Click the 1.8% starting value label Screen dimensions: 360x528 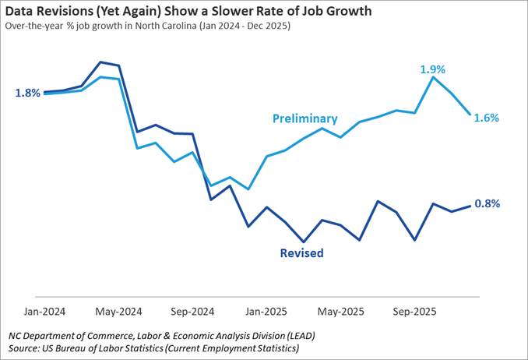27,94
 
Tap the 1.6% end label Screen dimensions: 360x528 486,118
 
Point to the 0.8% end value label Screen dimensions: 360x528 487,203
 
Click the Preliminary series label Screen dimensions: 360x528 304,118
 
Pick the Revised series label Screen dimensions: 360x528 301,253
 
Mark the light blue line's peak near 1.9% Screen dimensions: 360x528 433,77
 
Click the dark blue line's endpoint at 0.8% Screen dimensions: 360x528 470,206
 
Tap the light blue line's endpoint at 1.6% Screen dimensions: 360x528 470,115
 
